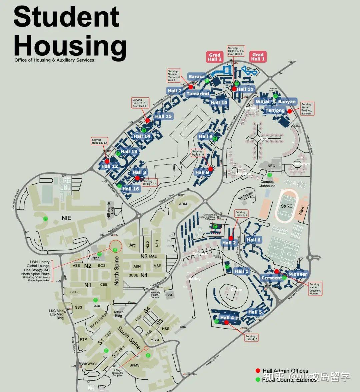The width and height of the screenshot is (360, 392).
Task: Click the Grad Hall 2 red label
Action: pos(215,57)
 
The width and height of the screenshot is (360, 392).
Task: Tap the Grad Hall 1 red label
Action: pos(258,57)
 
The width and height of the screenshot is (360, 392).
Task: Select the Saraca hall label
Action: pos(196,77)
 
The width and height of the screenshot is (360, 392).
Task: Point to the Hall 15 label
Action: pos(163,116)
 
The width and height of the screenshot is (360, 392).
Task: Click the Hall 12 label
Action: pos(110,166)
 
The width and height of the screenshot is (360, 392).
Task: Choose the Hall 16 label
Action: pos(130,189)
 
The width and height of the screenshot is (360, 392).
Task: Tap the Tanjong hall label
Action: pos(275,110)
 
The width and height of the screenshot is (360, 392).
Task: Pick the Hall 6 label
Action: pos(254,240)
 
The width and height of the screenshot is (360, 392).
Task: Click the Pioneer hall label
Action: pos(298,274)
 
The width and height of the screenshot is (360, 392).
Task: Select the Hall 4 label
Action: pos(227,318)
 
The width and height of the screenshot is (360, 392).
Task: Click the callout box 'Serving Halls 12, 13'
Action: pos(99,141)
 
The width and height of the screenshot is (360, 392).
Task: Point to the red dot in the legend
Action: pos(258,371)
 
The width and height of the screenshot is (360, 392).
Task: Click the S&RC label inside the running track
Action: pos(286,206)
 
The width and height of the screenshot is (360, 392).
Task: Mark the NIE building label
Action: pos(66,218)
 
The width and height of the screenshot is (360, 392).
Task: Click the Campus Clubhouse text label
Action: pos(267,184)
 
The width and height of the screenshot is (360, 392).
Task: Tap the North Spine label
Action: pos(117,271)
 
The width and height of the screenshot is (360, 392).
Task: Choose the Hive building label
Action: pos(155,339)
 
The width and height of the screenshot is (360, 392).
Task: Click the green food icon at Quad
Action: pos(96,300)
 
